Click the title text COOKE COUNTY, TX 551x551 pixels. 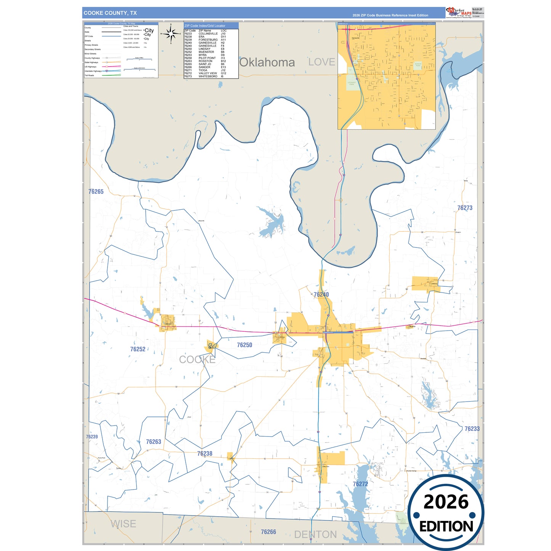[110, 13]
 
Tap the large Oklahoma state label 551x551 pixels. [267, 63]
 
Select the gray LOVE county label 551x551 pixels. [321, 62]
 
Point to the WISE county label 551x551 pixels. [123, 524]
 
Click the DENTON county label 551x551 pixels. [315, 535]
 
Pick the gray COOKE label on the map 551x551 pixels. [197, 360]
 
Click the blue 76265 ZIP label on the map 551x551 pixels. [96, 192]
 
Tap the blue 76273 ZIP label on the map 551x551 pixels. [465, 208]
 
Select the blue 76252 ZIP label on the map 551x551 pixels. [138, 349]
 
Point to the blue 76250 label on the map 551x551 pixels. [244, 345]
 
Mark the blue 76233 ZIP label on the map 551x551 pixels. [472, 429]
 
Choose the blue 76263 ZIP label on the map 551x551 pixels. [154, 442]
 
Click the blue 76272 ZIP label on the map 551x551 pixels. [360, 484]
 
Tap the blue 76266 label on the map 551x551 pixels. [268, 532]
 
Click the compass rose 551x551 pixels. [171, 34]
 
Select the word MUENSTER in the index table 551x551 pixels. [206, 52]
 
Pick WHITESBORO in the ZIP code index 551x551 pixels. [208, 76]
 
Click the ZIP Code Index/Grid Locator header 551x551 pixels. [205, 26]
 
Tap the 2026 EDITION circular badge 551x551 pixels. [446, 513]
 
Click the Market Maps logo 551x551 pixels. [459, 13]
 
